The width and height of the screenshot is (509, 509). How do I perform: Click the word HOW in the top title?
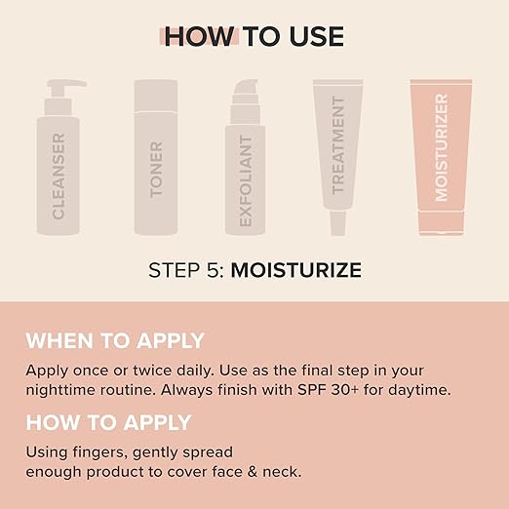[x=199, y=36]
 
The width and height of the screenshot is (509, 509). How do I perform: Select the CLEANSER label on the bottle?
[x=59, y=176]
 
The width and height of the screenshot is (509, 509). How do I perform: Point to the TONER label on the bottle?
[x=156, y=170]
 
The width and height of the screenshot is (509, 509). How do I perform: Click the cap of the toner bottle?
[x=156, y=96]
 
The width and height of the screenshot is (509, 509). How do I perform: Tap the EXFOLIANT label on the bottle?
[x=246, y=180]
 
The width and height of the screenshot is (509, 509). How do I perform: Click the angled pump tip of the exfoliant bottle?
[x=246, y=87]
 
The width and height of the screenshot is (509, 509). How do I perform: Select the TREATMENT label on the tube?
[x=337, y=145]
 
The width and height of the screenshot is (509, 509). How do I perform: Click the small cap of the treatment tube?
[x=337, y=223]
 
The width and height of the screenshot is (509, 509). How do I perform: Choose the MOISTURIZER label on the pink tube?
[x=441, y=147]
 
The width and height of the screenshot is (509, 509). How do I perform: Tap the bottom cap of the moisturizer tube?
[x=441, y=222]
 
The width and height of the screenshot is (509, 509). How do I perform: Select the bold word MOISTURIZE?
[x=296, y=270]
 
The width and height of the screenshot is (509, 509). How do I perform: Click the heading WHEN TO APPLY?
[x=115, y=340]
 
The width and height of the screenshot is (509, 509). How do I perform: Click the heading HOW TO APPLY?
[x=108, y=422]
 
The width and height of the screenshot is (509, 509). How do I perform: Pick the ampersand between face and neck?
[x=253, y=472]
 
